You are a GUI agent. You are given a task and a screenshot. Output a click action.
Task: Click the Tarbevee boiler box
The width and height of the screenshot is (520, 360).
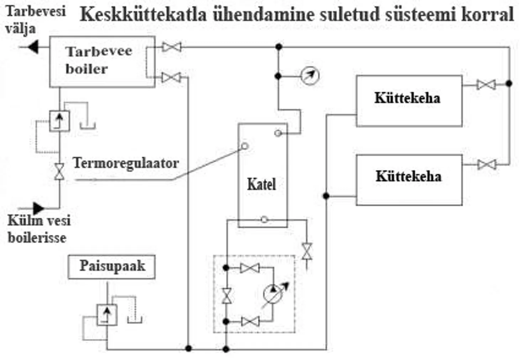[102, 61]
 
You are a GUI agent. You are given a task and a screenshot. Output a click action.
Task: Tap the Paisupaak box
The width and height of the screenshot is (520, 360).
[111, 266]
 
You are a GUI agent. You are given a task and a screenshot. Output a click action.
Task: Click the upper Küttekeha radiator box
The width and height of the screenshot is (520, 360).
[409, 101]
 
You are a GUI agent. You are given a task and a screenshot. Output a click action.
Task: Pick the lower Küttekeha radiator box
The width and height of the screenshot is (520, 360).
[409, 180]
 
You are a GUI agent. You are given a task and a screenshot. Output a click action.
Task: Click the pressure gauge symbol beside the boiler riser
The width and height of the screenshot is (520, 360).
[310, 76]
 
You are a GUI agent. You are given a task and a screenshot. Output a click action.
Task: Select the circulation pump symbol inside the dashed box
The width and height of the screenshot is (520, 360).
[272, 294]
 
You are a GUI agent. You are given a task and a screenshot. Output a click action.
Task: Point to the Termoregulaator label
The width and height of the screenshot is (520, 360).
[125, 163]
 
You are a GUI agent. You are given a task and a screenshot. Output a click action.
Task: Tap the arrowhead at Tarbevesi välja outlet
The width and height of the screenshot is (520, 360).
[33, 47]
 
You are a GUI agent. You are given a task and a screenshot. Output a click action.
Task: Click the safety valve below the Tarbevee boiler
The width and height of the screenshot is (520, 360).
[59, 121]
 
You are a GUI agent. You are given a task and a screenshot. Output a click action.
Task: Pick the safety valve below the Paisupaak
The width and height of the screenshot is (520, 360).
[107, 315]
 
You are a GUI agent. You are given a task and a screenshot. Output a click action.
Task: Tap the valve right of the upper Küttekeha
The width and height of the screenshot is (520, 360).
[486, 84]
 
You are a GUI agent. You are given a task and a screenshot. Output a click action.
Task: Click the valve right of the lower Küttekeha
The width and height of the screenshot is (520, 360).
[487, 164]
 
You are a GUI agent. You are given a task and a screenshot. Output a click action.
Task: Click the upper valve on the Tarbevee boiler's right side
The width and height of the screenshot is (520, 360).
[172, 47]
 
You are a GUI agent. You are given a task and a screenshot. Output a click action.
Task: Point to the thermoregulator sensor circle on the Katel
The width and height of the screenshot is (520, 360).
[245, 146]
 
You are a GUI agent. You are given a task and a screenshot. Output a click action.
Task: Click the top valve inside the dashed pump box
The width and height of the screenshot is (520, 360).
[250, 268]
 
